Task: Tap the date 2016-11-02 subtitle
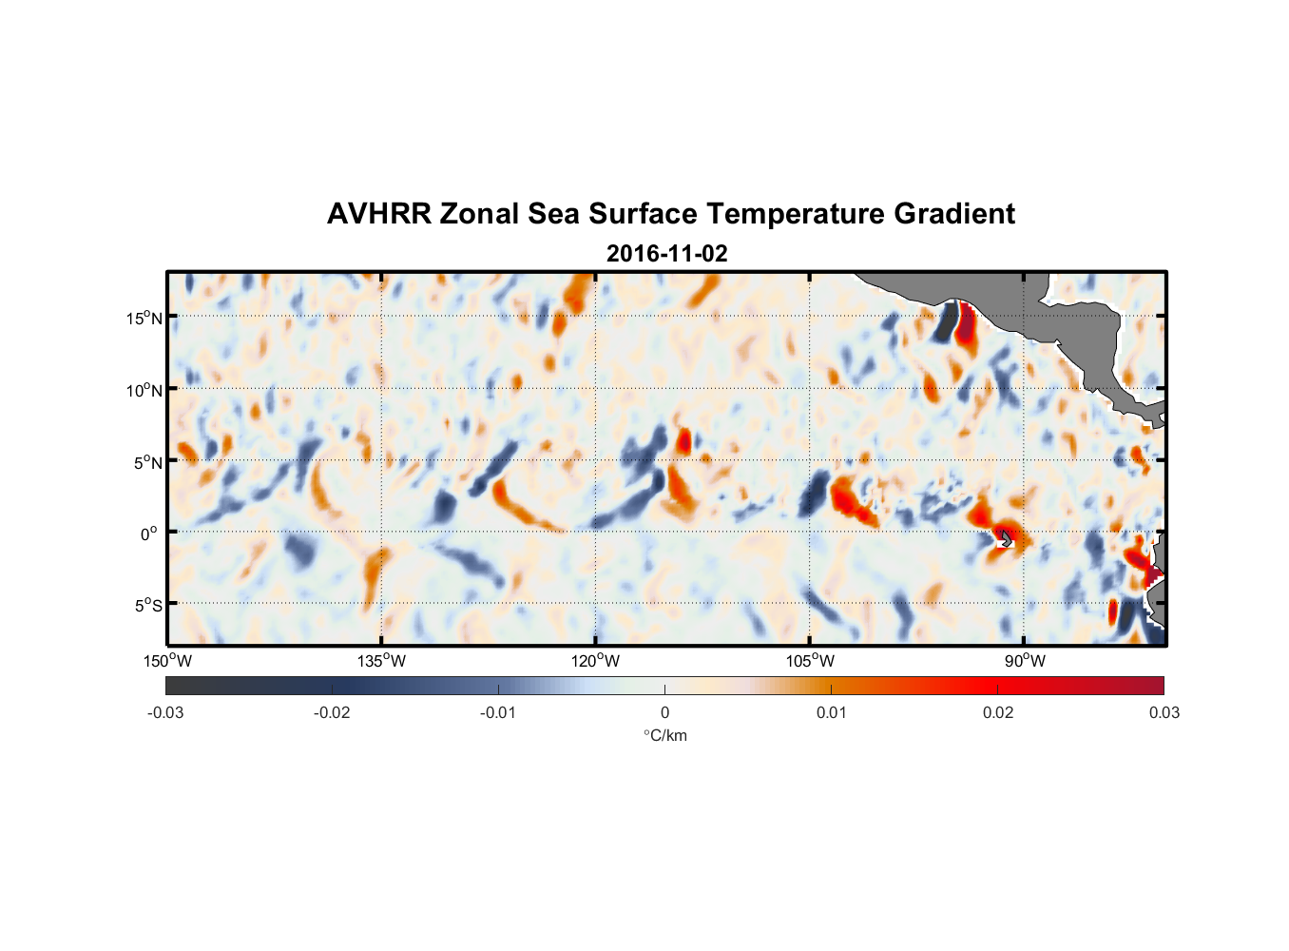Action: [x=666, y=254]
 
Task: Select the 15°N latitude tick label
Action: [x=144, y=318]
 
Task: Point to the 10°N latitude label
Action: [x=144, y=390]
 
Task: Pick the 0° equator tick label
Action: [x=149, y=534]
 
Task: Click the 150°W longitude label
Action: [x=167, y=661]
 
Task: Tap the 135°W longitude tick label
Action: [x=381, y=661]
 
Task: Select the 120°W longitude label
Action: [x=595, y=661]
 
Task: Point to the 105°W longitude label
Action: [x=810, y=661]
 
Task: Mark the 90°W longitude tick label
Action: [x=1024, y=661]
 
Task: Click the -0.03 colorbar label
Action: [x=165, y=712]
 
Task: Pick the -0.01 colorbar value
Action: [x=498, y=712]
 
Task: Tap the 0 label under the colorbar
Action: [x=664, y=712]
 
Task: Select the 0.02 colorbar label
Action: [x=998, y=712]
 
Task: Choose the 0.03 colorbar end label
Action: [x=1164, y=712]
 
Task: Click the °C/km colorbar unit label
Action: [x=664, y=735]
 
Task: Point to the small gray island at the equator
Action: [x=1005, y=538]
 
